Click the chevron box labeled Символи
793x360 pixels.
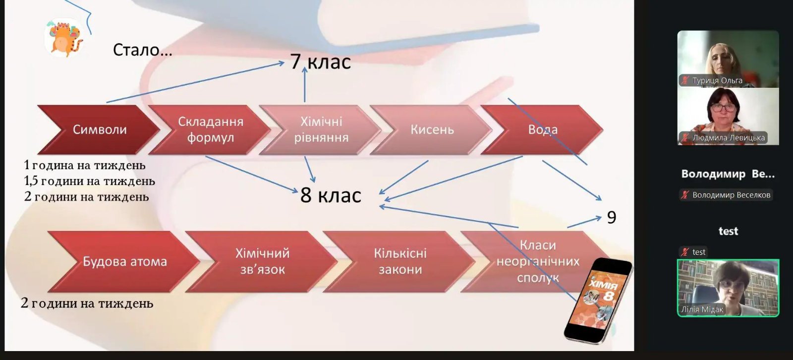[99, 130]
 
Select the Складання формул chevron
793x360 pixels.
[210, 130]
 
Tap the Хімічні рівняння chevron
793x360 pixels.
[321, 130]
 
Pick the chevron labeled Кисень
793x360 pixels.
[432, 130]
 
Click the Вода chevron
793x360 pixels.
[543, 130]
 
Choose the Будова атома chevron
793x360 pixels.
[124, 261]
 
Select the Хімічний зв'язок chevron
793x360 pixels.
[262, 261]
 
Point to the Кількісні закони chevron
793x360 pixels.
[400, 261]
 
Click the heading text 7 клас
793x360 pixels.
[321, 61]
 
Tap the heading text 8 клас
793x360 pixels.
[331, 195]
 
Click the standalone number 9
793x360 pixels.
[612, 217]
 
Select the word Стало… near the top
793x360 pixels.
[143, 50]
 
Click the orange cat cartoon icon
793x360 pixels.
[64, 38]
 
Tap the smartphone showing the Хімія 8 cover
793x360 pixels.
[598, 300]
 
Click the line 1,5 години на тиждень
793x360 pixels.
[90, 181]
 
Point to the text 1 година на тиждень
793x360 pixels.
[85, 165]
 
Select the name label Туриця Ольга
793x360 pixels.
[717, 80]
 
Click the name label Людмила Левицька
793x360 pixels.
[729, 137]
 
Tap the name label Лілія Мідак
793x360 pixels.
[702, 309]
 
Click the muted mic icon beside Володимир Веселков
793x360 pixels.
[685, 195]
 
